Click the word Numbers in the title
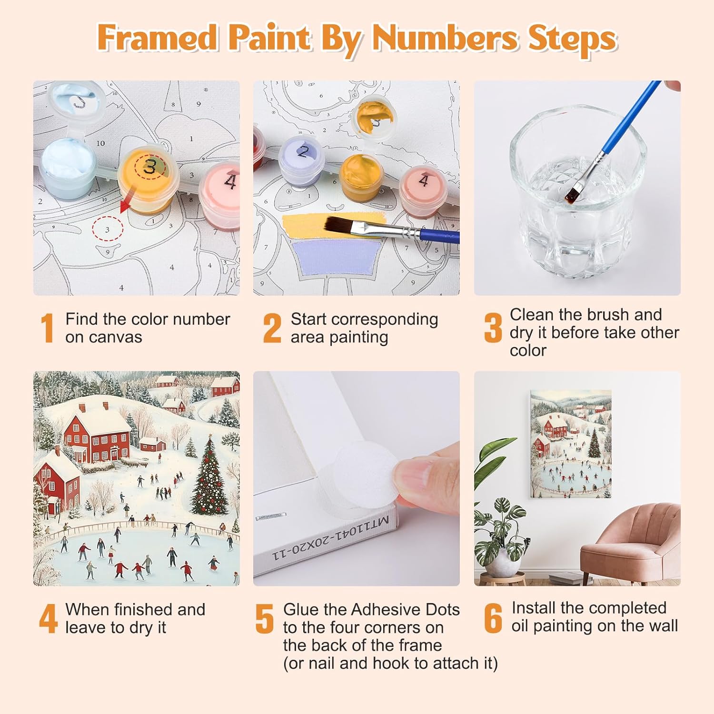(444, 38)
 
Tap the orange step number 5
(264, 619)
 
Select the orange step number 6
(493, 618)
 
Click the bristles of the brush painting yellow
(341, 224)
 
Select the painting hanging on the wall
(571, 444)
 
